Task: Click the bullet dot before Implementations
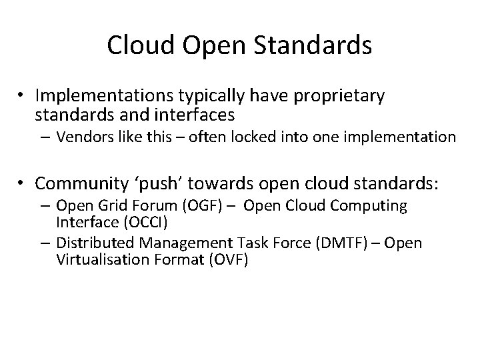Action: tap(22, 97)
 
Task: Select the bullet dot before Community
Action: tap(22, 183)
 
